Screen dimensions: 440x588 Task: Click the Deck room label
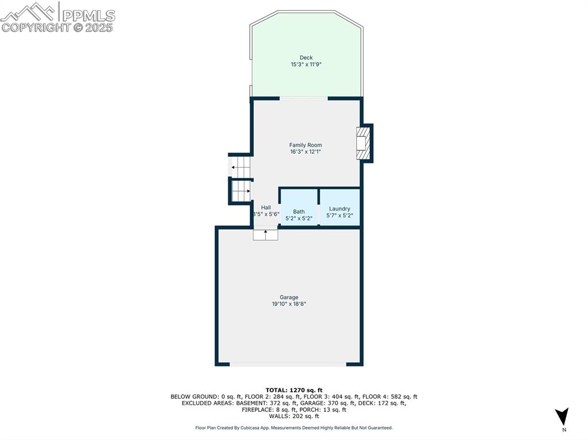click(x=306, y=57)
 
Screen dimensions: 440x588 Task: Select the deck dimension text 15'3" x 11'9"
click(x=306, y=65)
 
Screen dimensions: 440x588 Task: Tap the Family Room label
click(x=305, y=145)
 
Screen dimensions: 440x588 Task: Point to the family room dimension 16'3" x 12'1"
click(x=305, y=152)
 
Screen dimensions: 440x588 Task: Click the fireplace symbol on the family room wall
click(x=362, y=143)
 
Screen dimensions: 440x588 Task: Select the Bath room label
click(x=299, y=211)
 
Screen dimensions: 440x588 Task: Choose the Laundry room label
click(x=339, y=209)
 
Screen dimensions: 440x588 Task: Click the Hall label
click(x=266, y=208)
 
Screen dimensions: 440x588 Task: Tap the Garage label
click(x=289, y=297)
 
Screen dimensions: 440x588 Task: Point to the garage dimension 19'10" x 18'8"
click(x=289, y=304)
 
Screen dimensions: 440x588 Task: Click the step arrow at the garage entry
click(x=265, y=233)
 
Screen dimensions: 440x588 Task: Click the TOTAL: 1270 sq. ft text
click(x=293, y=390)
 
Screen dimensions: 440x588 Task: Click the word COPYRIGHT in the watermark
click(x=36, y=28)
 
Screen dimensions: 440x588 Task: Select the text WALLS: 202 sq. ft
click(x=293, y=417)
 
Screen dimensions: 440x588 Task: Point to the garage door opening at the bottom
click(x=288, y=364)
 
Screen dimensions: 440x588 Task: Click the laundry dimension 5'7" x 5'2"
click(x=339, y=216)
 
